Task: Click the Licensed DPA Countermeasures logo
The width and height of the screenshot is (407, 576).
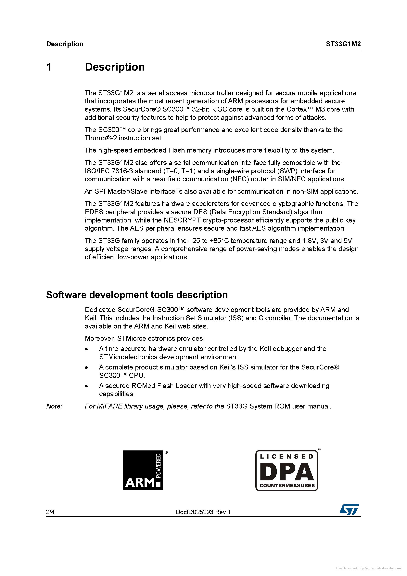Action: pyautogui.click(x=287, y=470)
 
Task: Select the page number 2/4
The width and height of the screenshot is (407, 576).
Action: pyautogui.click(x=50, y=512)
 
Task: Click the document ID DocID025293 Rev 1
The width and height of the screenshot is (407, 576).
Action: pyautogui.click(x=203, y=512)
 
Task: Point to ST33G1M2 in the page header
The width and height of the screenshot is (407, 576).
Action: pyautogui.click(x=343, y=44)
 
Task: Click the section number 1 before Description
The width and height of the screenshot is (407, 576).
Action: pyautogui.click(x=49, y=67)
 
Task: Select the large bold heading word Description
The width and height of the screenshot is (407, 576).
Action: pyautogui.click(x=115, y=67)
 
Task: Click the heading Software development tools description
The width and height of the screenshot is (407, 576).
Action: pyautogui.click(x=137, y=295)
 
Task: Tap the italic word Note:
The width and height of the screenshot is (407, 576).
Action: pyautogui.click(x=54, y=406)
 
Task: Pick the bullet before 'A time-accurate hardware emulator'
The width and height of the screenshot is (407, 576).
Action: pyautogui.click(x=86, y=349)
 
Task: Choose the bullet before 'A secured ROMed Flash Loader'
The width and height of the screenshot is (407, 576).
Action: pyautogui.click(x=86, y=386)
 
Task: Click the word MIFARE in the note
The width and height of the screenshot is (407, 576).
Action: pyautogui.click(x=109, y=406)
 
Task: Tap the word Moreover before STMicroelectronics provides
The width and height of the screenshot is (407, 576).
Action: pyautogui.click(x=100, y=338)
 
